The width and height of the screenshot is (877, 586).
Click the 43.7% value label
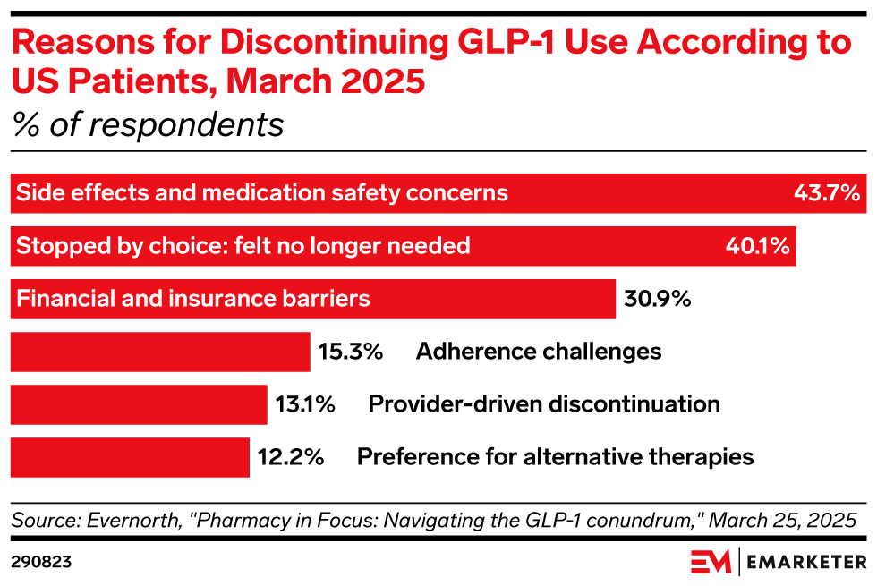[827, 193]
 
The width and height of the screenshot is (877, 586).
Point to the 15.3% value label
[351, 352]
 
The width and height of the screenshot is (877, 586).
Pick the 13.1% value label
[305, 404]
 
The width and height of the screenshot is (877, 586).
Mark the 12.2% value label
[290, 457]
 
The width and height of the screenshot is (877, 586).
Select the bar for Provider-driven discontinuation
[139, 404]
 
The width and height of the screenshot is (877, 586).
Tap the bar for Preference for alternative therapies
[130, 457]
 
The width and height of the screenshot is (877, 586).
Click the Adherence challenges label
[539, 352]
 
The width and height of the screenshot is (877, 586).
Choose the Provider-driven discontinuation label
[544, 404]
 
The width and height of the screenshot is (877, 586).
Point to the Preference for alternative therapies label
[555, 457]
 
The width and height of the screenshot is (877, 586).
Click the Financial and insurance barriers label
[193, 299]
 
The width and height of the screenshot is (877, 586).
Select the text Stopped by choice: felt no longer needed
[243, 246]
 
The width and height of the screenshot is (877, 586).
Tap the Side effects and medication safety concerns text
[263, 193]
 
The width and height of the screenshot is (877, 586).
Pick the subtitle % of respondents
[148, 125]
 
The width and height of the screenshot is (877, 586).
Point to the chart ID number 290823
[42, 562]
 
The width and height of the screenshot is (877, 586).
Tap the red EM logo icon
[712, 562]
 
